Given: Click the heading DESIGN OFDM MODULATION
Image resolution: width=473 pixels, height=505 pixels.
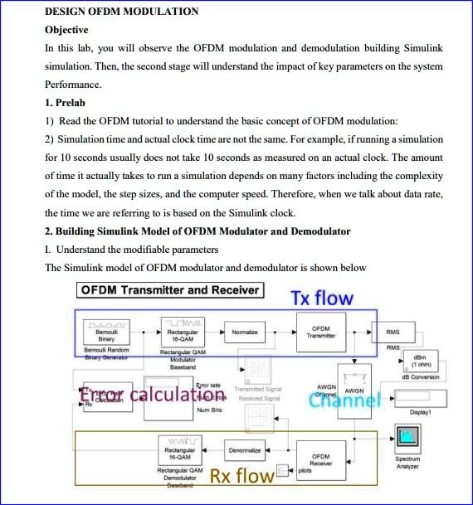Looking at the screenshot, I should [x=121, y=12].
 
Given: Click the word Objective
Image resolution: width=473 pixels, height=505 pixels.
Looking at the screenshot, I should [x=66, y=30].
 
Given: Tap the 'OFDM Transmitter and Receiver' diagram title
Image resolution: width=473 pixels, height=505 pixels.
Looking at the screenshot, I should [x=170, y=290].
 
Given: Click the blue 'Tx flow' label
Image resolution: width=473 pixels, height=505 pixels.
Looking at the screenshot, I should [x=321, y=298].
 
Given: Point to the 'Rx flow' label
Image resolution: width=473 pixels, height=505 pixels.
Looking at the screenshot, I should [x=241, y=476].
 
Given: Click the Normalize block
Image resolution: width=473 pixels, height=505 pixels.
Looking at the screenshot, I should [x=244, y=333].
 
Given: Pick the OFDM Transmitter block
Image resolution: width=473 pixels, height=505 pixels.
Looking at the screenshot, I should [x=320, y=333].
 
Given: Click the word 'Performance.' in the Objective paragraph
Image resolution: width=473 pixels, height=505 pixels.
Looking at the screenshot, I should [x=73, y=85].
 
